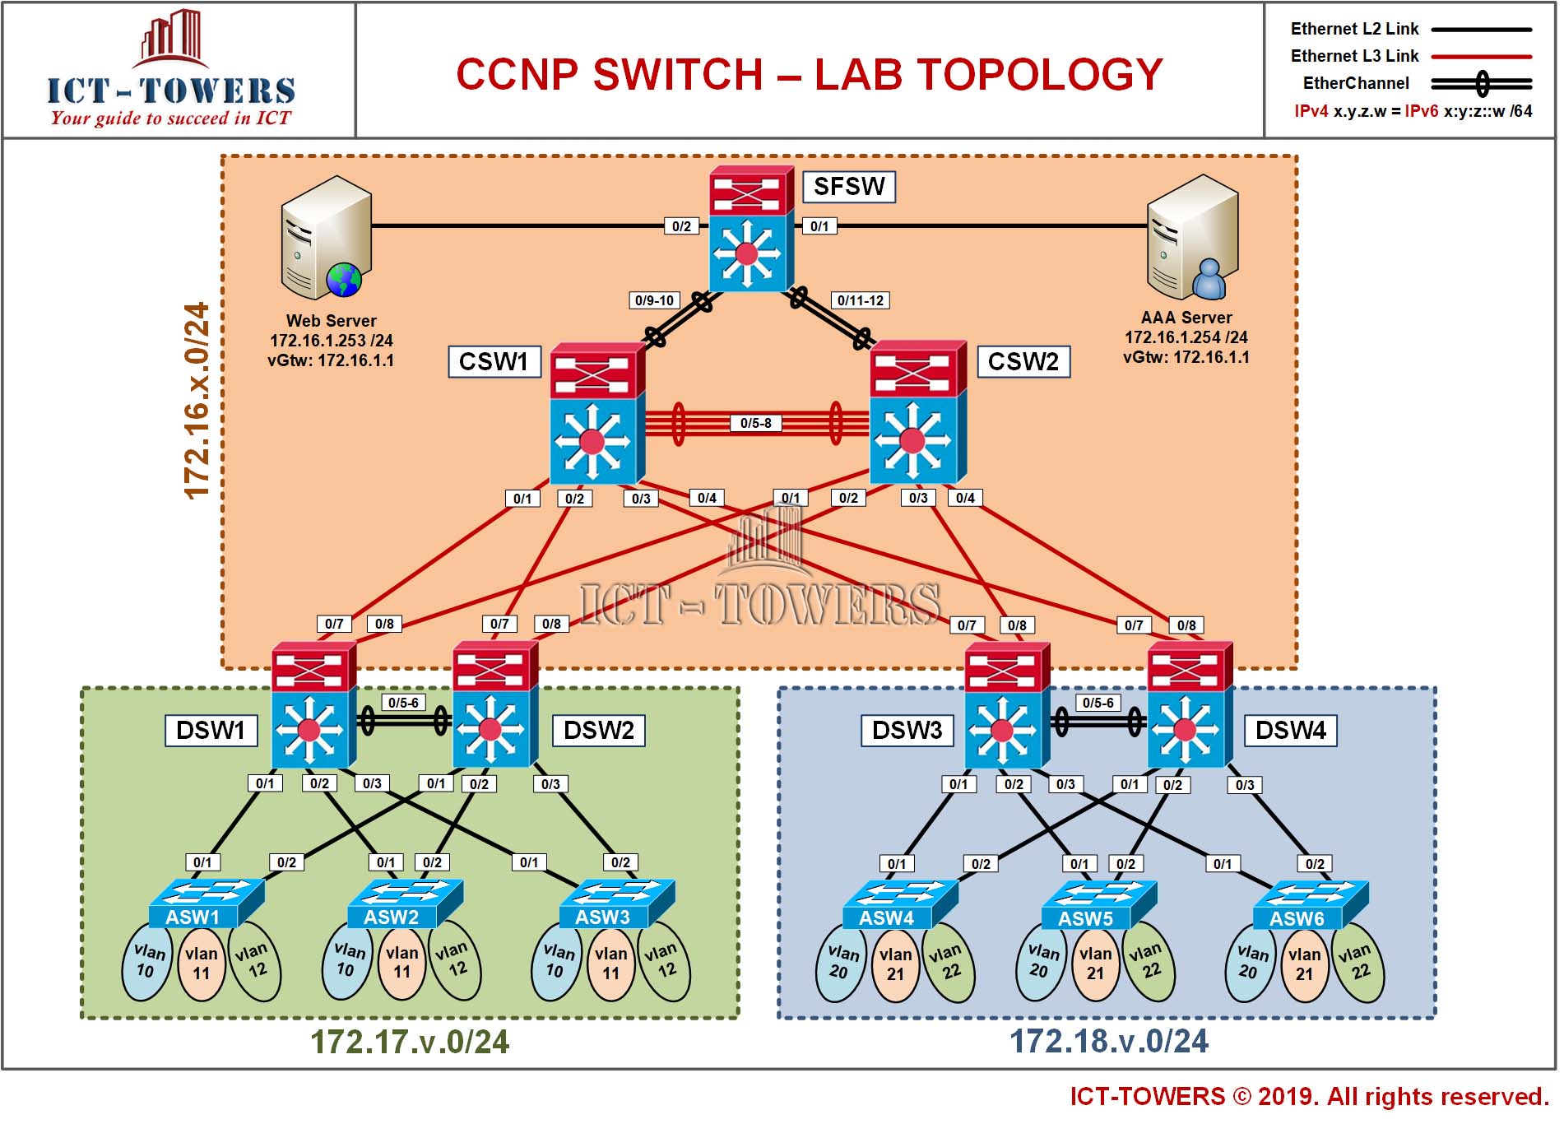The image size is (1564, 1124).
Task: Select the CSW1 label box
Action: point(494,362)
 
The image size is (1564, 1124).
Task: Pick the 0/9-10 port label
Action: point(655,300)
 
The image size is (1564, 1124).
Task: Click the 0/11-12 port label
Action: point(861,300)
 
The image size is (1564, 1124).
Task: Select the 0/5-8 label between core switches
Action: point(756,424)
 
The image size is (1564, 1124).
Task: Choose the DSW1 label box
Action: point(211,731)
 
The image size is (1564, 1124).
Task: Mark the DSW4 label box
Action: point(1291,731)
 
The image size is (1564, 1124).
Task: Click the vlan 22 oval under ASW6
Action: point(1358,963)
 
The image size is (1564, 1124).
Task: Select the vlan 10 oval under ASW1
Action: point(148,961)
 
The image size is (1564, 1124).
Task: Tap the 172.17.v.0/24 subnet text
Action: point(410,1043)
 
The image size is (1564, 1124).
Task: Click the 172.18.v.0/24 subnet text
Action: point(1108,1042)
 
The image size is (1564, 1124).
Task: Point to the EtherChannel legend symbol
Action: point(1482,83)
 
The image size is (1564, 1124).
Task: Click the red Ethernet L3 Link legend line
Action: point(1482,57)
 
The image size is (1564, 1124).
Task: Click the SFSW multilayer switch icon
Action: point(752,230)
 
